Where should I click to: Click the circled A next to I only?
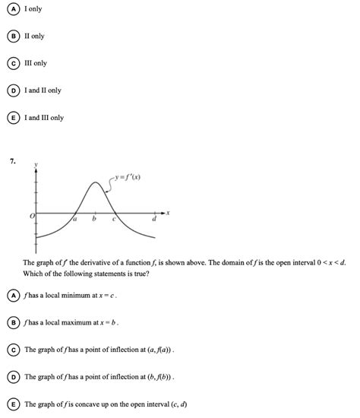[14, 8]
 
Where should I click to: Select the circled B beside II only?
[14, 36]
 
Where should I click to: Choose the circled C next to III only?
[14, 63]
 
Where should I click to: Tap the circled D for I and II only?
[14, 90]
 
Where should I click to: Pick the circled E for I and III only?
[14, 118]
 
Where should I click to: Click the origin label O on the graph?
[31, 217]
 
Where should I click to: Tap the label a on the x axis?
[75, 220]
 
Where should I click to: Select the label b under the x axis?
[94, 220]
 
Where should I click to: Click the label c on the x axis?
[114, 220]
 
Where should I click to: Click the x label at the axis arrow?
[169, 213]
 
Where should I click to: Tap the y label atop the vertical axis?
[35, 163]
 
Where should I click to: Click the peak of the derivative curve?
[94, 182]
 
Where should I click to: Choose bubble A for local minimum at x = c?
[14, 295]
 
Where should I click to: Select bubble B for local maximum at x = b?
[14, 322]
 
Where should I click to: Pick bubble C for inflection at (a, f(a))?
[14, 350]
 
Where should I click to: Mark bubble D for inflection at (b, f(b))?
[14, 377]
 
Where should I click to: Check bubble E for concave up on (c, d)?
[14, 404]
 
